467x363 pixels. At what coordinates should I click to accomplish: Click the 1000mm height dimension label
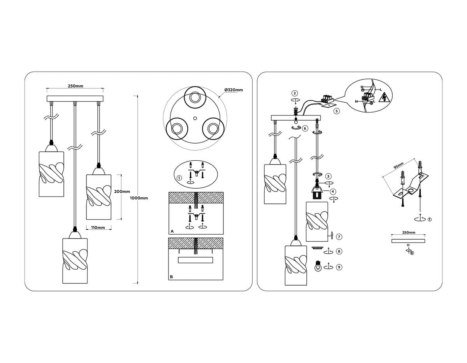point(139,198)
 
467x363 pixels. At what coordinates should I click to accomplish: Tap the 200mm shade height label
point(122,191)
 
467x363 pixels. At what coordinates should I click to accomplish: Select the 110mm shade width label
point(98,228)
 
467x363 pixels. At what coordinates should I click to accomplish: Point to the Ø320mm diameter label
point(233,90)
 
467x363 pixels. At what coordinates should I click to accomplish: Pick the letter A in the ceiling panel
point(172,231)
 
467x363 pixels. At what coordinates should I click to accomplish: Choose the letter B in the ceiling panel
point(171,277)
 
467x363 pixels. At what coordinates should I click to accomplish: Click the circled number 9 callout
point(339,267)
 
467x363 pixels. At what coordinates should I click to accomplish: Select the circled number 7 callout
point(339,237)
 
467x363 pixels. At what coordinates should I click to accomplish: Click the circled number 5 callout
point(337,111)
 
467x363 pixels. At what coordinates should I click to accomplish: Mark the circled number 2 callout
point(295,93)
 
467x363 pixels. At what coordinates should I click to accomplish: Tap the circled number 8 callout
point(339,251)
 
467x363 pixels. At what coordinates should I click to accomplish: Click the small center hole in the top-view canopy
point(195,118)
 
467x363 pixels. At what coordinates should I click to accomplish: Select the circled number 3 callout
point(328,176)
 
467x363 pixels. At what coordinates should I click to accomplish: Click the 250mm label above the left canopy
point(75,86)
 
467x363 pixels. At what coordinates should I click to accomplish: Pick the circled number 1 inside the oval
point(179,178)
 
